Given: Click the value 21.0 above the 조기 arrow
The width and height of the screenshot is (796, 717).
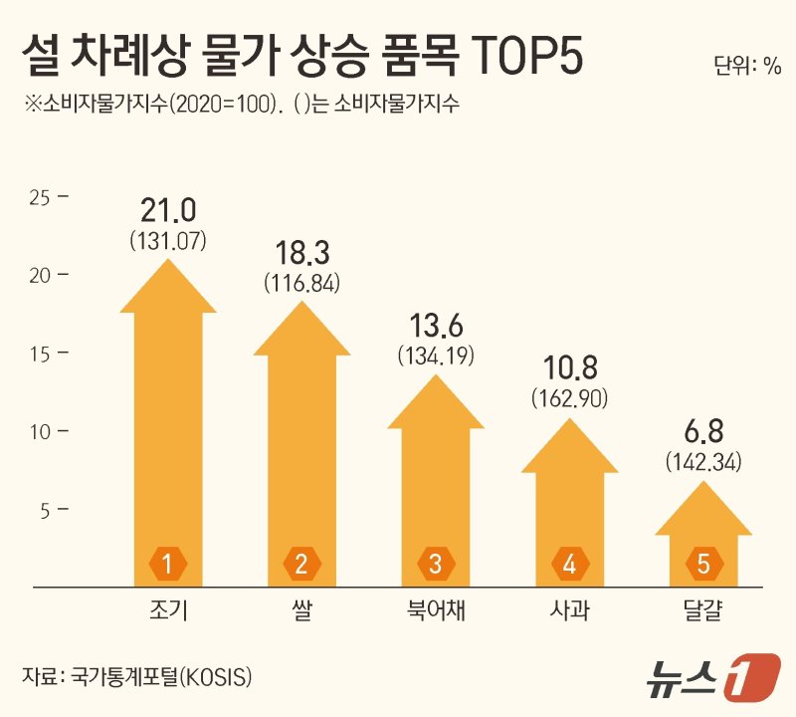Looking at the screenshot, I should coord(168,211).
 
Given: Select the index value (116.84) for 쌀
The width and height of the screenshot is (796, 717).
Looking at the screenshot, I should coord(301,283).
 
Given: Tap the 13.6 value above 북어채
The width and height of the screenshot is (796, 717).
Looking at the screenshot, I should coord(436,327).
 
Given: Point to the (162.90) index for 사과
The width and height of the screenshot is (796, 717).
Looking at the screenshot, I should coord(569,398).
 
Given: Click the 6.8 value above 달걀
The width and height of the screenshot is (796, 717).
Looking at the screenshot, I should coord(703,434).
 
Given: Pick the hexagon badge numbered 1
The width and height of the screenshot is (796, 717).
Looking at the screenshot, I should coord(168,565).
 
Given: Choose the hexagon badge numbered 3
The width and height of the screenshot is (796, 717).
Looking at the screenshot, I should coord(436,565).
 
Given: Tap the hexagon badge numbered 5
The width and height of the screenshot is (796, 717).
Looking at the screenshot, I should coord(703,565).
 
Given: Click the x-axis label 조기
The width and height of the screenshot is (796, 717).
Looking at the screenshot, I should coord(168,611).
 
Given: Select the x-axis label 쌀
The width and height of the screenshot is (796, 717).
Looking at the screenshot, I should coord(301,611).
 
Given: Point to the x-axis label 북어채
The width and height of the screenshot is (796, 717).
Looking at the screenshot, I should coord(436,611).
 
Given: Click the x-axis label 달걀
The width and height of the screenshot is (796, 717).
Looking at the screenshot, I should coord(703,611).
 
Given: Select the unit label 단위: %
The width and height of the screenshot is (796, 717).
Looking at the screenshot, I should coord(747,67).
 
